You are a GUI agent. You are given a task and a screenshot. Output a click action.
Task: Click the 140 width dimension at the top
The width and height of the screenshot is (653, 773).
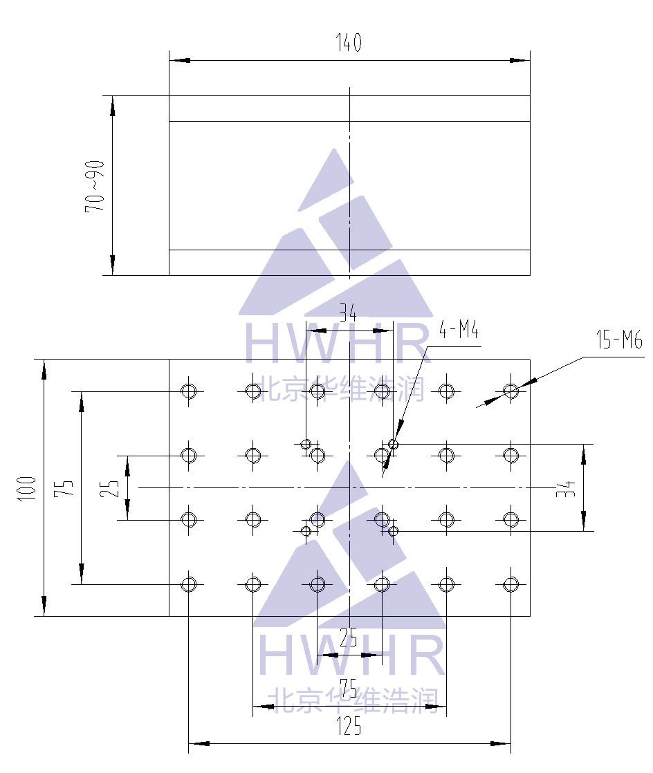click(x=349, y=42)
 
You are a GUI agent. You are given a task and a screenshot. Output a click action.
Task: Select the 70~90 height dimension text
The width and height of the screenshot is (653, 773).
click(x=95, y=187)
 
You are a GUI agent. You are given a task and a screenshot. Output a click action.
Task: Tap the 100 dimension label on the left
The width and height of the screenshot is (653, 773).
click(x=27, y=489)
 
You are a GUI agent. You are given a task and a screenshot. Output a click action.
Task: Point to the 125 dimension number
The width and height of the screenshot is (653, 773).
click(x=349, y=726)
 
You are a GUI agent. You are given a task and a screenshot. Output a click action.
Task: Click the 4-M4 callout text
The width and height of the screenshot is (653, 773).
click(x=459, y=329)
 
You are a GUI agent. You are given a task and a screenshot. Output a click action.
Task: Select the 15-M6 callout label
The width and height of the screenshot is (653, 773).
click(x=620, y=339)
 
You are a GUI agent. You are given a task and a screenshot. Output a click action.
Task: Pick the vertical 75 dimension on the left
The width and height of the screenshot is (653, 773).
click(x=64, y=488)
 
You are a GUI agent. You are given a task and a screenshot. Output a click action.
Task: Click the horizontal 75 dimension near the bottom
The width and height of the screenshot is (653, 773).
click(x=349, y=688)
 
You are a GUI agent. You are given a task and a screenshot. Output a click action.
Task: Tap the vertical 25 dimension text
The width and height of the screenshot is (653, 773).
click(x=109, y=488)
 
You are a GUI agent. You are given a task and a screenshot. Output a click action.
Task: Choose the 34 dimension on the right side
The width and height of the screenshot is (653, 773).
click(x=566, y=489)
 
